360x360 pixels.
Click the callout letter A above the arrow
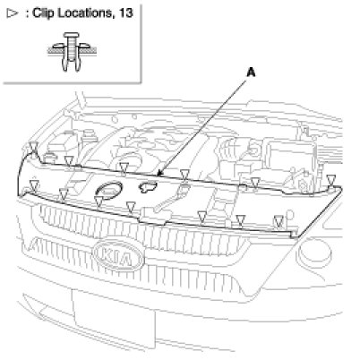[x=251, y=73]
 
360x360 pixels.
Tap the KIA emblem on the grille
[x=118, y=255]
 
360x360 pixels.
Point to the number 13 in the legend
[x=125, y=13]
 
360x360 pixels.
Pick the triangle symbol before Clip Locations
[x=13, y=13]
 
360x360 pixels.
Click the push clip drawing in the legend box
[x=71, y=52]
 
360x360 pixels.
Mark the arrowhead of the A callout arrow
[x=159, y=174]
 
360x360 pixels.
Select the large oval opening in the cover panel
[x=109, y=190]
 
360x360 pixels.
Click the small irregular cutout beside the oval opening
[x=147, y=186]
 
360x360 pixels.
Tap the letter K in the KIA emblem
[x=105, y=253]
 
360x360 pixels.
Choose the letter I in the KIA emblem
[x=116, y=256]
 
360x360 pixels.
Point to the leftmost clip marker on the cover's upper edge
[x=34, y=147]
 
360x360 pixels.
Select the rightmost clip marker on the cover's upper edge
[x=330, y=180]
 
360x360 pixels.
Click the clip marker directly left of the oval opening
[x=99, y=201]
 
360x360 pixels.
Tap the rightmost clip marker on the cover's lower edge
[x=279, y=221]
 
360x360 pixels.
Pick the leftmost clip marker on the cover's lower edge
[x=35, y=185]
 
